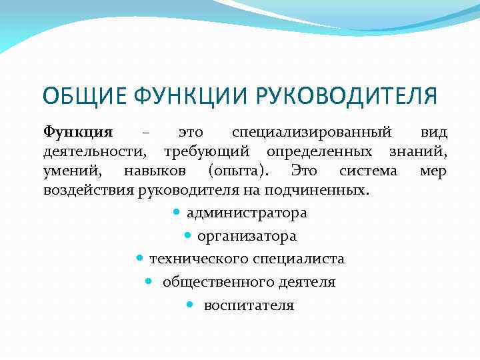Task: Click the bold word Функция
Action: [x=78, y=133]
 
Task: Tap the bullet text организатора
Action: [x=247, y=236]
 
